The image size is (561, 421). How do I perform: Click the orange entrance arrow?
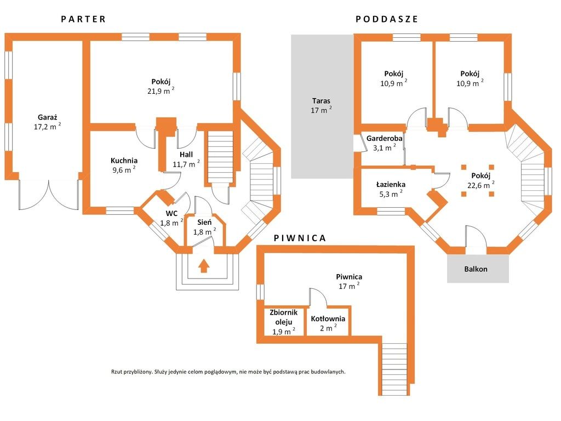click(x=204, y=266)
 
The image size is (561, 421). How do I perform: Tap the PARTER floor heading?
click(x=83, y=19)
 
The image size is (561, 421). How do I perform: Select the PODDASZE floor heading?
click(x=387, y=19)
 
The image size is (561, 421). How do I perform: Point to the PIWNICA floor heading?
click(x=300, y=238)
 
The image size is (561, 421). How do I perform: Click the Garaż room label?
click(x=48, y=117)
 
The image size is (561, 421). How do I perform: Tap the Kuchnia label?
click(x=124, y=161)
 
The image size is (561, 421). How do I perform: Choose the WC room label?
click(x=171, y=214)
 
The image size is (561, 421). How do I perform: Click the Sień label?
click(x=204, y=223)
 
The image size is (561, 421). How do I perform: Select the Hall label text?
click(x=186, y=155)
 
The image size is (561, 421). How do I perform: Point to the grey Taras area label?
click(x=321, y=101)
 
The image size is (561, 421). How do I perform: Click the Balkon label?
click(x=476, y=269)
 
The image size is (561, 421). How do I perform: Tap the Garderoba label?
click(x=384, y=138)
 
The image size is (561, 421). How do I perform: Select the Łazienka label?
click(x=391, y=184)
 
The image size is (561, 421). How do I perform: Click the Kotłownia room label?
click(x=328, y=318)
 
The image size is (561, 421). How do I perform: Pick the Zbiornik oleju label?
click(x=284, y=317)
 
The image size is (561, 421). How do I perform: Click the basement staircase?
click(x=394, y=369)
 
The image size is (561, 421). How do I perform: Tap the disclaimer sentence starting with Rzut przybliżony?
click(x=228, y=372)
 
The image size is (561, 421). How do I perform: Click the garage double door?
click(x=49, y=195)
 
